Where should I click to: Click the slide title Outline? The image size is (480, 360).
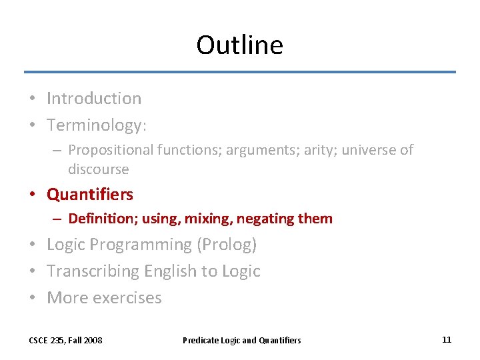(239, 45)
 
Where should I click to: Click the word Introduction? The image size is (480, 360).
(94, 99)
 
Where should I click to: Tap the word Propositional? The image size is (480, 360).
(111, 151)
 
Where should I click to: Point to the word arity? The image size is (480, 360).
(322, 151)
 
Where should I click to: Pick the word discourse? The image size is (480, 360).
(98, 169)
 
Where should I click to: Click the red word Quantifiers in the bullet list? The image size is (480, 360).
(90, 195)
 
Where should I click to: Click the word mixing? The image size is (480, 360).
(208, 219)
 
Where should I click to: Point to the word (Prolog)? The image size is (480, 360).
(227, 245)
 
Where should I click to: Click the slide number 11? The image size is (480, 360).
(447, 340)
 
